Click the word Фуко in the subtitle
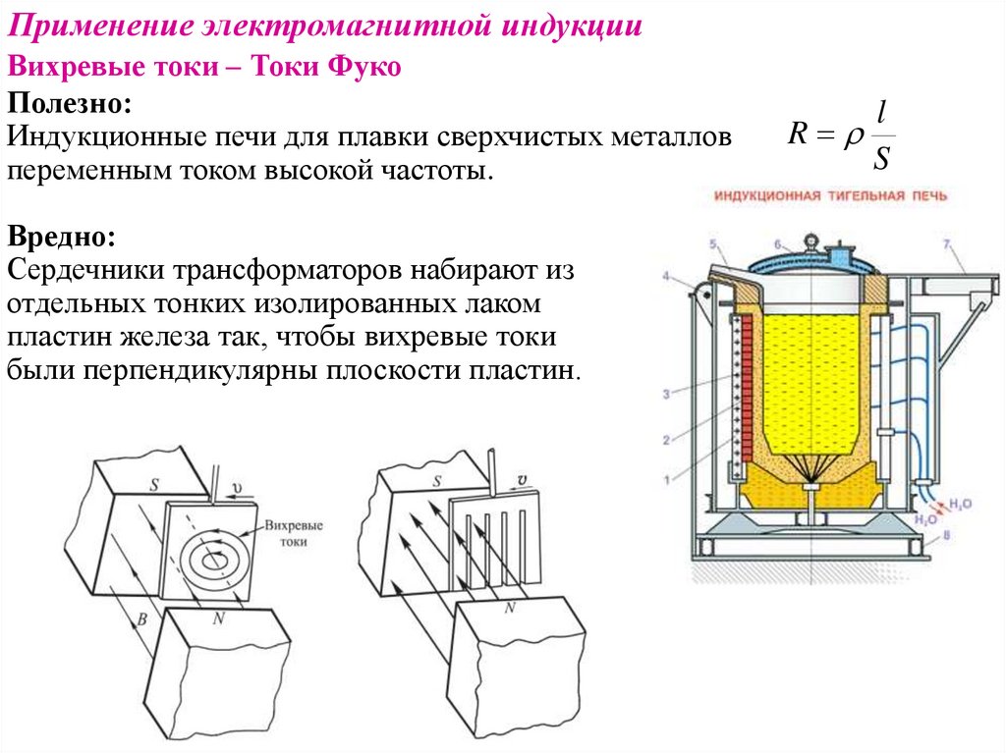363,68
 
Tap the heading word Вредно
61,236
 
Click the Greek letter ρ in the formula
850,138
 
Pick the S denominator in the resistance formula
881,158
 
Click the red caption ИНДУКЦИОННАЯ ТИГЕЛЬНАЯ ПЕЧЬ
830,196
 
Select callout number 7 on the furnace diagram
946,242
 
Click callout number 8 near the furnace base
946,535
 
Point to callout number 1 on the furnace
666,479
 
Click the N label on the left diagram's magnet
218,619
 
